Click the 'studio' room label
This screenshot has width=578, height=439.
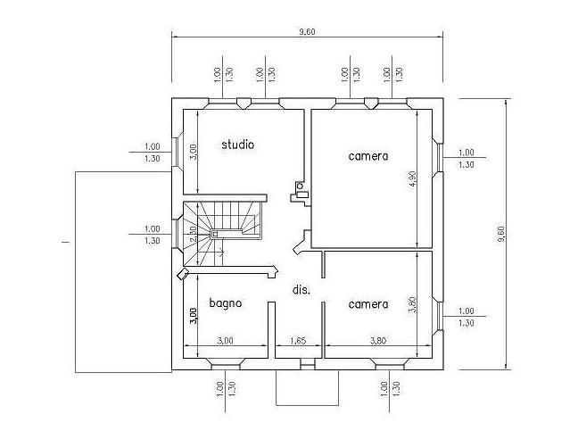tap(238, 145)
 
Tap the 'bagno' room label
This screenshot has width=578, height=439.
tap(226, 303)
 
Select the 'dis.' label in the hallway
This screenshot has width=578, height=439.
tap(301, 290)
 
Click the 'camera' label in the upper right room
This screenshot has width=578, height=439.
tap(368, 156)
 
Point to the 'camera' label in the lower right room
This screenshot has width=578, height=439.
tap(368, 304)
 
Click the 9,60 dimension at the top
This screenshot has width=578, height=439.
tap(307, 32)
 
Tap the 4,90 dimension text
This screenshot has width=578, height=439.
tap(412, 178)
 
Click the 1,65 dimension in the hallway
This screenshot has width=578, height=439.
tap(298, 341)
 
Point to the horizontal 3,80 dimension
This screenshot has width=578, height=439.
tap(378, 341)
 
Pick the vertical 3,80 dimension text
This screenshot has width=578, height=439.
tap(412, 305)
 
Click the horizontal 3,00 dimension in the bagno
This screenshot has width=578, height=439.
tap(225, 341)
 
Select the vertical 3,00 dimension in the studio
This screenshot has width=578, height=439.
tap(194, 152)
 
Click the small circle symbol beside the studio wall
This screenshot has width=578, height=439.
tap(300, 186)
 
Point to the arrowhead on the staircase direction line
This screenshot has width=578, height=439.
tap(222, 253)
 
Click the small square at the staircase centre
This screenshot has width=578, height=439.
tap(215, 234)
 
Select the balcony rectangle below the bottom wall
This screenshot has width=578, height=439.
tap(308, 387)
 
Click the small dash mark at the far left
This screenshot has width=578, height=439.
tap(66, 242)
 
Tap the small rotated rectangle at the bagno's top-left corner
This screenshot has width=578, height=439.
tap(183, 274)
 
